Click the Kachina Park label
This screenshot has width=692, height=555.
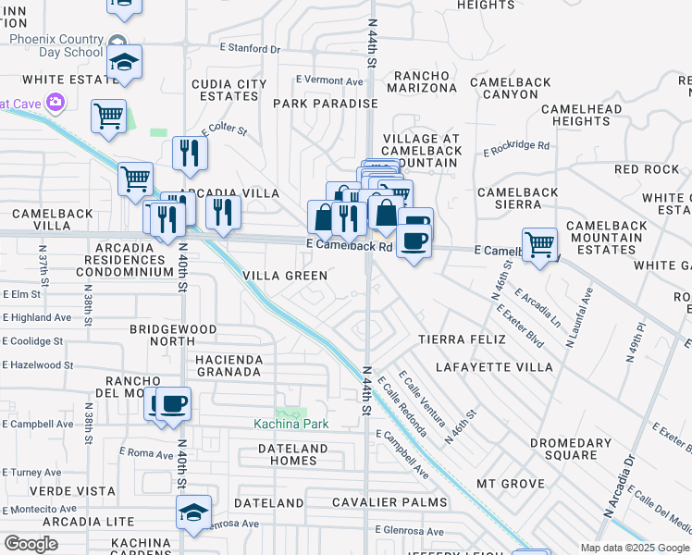291,424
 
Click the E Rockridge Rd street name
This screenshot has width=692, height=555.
516,145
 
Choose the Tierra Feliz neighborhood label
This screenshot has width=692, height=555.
463,339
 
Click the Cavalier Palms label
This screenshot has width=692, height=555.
389,502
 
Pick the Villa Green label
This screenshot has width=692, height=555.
285,276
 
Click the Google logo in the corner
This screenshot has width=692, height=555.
31,544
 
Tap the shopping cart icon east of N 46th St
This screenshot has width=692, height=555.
539,243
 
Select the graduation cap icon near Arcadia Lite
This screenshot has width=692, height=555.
194,512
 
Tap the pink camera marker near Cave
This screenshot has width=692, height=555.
56,101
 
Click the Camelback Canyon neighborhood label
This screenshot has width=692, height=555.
504,88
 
